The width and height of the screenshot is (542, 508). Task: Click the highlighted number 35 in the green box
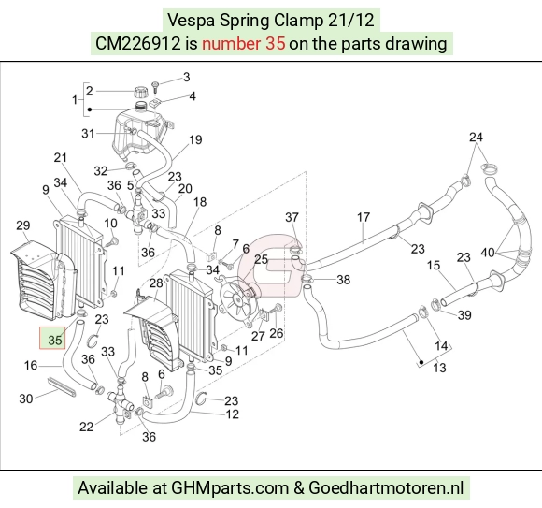[x=55, y=341]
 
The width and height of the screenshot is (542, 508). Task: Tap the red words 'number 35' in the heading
[x=243, y=44]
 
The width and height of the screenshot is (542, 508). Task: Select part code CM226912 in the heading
[x=138, y=44]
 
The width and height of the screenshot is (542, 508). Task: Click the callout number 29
[x=23, y=225]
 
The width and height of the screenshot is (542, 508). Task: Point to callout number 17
[x=364, y=217]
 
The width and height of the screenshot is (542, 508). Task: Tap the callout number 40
[x=488, y=253]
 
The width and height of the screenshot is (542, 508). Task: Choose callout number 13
[x=439, y=368]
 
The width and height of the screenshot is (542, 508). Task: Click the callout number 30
[x=26, y=399]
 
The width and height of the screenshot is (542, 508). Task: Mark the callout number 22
[x=86, y=427]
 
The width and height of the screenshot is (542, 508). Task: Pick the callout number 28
[x=156, y=283]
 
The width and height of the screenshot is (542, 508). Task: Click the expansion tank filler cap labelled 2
[x=140, y=93]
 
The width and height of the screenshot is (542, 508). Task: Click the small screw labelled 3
[x=155, y=86]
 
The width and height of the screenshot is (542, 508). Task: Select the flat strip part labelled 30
[x=61, y=386]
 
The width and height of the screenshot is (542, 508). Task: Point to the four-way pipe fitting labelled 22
[x=121, y=401]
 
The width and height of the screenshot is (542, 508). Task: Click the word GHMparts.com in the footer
[x=230, y=488]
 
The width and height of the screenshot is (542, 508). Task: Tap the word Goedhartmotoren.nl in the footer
[x=386, y=488]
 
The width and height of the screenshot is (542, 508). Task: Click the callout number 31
[x=88, y=133]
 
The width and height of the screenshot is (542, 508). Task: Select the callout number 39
[x=464, y=315]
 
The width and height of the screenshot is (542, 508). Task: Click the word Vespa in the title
[x=192, y=21]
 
